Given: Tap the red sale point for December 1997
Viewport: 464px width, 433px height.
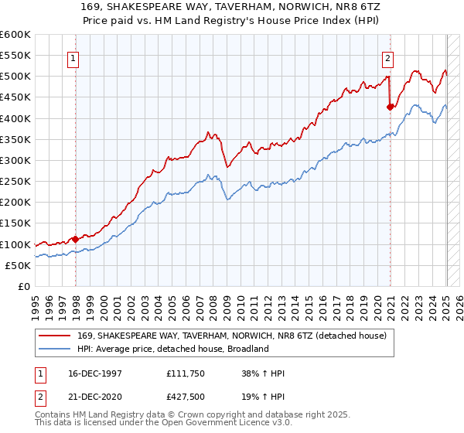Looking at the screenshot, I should coord(75,239).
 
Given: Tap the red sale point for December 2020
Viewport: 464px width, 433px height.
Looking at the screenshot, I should coord(390,107).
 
